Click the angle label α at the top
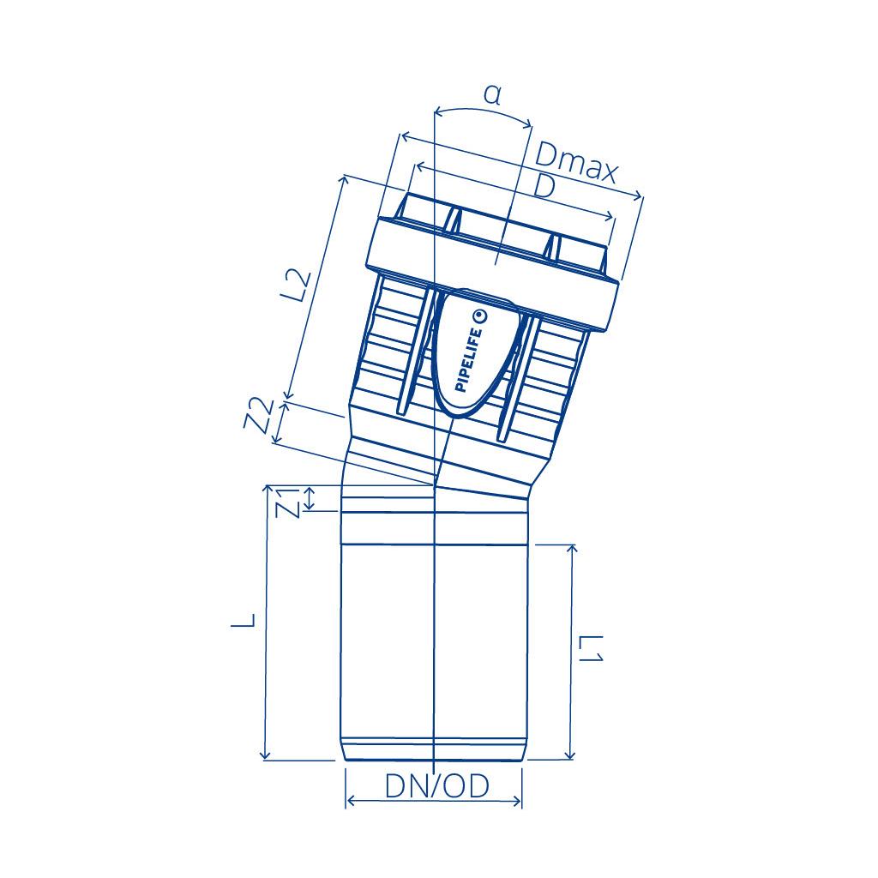492,96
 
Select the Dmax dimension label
576,163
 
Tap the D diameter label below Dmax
544,186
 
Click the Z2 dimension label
260,415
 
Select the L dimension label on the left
244,619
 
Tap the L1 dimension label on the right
590,648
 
